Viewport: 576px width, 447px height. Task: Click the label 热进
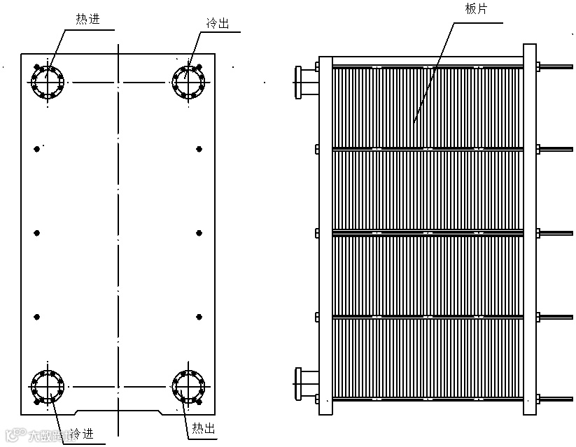pyautogui.click(x=88, y=19)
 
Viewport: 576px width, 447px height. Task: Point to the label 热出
pyautogui.click(x=202, y=427)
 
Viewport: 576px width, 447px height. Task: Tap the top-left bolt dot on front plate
pyautogui.click(x=37, y=148)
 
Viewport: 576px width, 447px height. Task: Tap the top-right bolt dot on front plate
pyautogui.click(x=199, y=148)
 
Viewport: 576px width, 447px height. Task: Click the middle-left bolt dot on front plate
pyautogui.click(x=37, y=233)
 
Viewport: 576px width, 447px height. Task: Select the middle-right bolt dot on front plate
pyautogui.click(x=199, y=233)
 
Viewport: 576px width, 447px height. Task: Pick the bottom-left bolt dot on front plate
pyautogui.click(x=37, y=317)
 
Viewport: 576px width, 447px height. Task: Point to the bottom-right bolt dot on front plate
pyautogui.click(x=199, y=317)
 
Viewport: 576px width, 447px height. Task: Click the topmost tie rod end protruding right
pyautogui.click(x=556, y=67)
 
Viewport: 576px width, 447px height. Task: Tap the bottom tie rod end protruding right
pyautogui.click(x=556, y=399)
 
